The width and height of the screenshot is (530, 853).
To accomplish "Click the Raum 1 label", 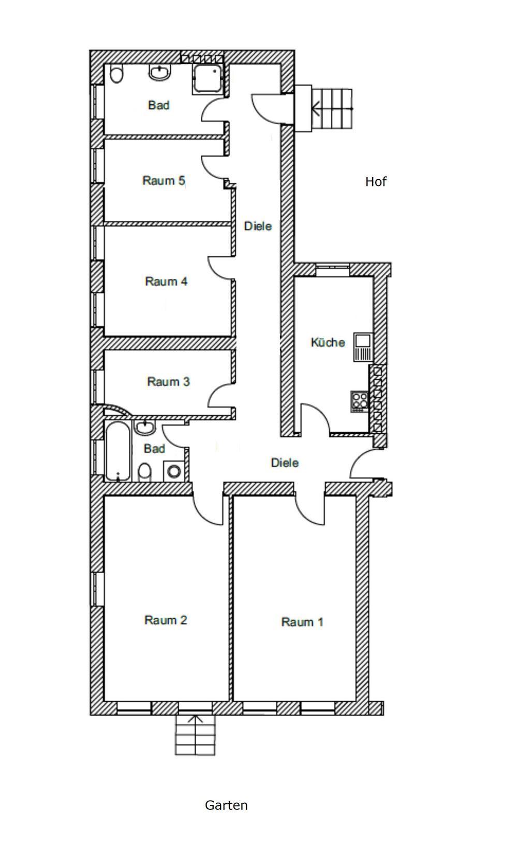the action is click(302, 622).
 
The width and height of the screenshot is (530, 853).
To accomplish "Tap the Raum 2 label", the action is click(166, 620).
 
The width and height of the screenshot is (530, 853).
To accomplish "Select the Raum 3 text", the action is click(168, 381).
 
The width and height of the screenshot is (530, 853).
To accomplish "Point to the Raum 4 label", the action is click(166, 281).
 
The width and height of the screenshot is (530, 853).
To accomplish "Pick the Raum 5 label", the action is click(164, 180).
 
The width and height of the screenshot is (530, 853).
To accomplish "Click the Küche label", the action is click(328, 342).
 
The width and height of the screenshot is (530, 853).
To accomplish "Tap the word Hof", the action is click(376, 182).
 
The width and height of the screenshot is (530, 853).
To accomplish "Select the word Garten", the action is click(226, 805).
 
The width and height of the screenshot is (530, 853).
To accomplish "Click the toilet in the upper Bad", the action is click(116, 74).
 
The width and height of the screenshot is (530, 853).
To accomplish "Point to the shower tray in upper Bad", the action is click(207, 78).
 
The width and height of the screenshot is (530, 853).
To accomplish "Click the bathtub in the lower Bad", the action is click(118, 451).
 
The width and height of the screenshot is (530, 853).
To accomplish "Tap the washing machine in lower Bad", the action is click(174, 472).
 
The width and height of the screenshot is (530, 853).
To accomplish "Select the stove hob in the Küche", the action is click(359, 402).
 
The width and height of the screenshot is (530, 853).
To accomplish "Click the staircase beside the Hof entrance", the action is click(332, 109).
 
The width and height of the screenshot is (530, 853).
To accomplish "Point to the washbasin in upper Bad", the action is click(160, 73).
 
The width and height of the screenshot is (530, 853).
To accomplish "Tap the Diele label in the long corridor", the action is click(258, 226).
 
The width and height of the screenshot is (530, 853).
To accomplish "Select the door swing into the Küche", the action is click(315, 418).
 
